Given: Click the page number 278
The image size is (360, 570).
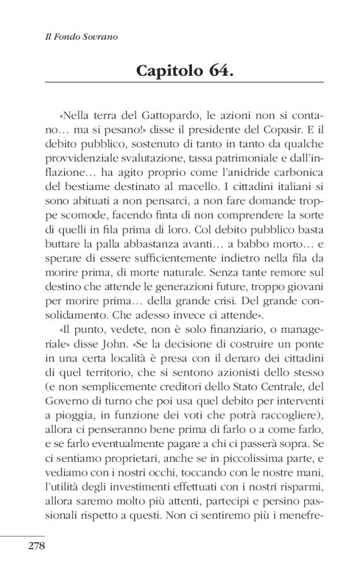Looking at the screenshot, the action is click(37, 547).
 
